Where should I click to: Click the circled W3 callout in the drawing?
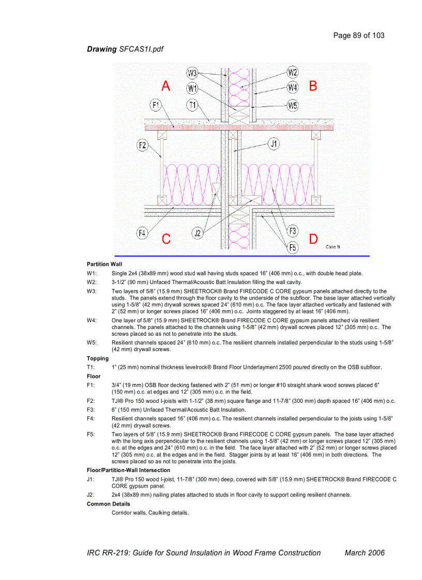click(192, 73)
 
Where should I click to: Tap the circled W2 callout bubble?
click(293, 72)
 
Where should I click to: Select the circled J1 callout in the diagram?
click(274, 144)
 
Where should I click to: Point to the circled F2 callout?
click(143, 145)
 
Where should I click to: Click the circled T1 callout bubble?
click(192, 105)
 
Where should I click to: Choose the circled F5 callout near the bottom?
click(293, 247)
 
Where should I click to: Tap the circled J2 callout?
click(198, 233)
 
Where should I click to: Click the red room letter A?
click(165, 86)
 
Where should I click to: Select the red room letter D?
click(313, 239)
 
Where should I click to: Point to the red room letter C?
click(166, 239)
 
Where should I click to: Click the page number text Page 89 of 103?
click(359, 36)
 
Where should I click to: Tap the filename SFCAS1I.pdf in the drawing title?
click(142, 49)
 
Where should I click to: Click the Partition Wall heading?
click(104, 264)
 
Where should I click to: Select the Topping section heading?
click(98, 358)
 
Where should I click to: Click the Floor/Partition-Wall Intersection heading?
click(128, 471)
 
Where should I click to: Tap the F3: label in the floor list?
click(91, 410)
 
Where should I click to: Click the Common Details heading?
click(109, 504)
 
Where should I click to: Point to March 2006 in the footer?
click(365, 553)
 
